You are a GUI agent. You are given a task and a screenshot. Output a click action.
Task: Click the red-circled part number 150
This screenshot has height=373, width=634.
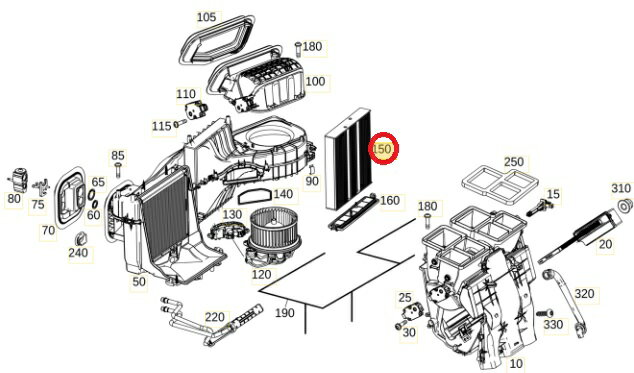(383, 149)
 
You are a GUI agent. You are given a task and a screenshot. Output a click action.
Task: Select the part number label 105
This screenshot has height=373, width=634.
(206, 17)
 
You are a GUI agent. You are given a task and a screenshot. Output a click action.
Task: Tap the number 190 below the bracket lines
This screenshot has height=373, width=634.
(285, 313)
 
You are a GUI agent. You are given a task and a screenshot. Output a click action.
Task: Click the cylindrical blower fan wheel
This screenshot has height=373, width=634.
(274, 227)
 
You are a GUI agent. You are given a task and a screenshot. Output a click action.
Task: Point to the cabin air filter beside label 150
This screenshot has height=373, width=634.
(349, 159)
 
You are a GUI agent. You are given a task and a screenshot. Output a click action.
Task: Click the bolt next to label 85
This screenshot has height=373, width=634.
(118, 170)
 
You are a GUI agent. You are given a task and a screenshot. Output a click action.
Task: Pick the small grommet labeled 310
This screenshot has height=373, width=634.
(626, 205)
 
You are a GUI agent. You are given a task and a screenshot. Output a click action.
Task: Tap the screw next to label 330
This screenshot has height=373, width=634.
(545, 313)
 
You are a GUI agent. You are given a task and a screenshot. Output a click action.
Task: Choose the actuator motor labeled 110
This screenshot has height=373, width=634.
(196, 110)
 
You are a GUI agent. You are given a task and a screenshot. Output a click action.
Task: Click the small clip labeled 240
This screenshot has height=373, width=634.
(82, 239)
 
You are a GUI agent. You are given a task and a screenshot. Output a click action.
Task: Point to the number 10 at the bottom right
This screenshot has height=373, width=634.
(516, 364)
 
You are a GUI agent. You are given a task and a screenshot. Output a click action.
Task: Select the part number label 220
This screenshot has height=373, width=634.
(214, 317)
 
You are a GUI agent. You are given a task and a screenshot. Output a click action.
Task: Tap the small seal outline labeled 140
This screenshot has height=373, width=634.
(254, 197)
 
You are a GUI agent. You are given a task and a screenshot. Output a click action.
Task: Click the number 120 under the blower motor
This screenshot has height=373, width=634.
(261, 275)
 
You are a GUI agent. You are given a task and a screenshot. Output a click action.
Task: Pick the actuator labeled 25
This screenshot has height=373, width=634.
(413, 312)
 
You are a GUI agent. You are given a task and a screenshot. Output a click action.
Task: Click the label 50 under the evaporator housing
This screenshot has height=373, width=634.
(139, 282)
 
